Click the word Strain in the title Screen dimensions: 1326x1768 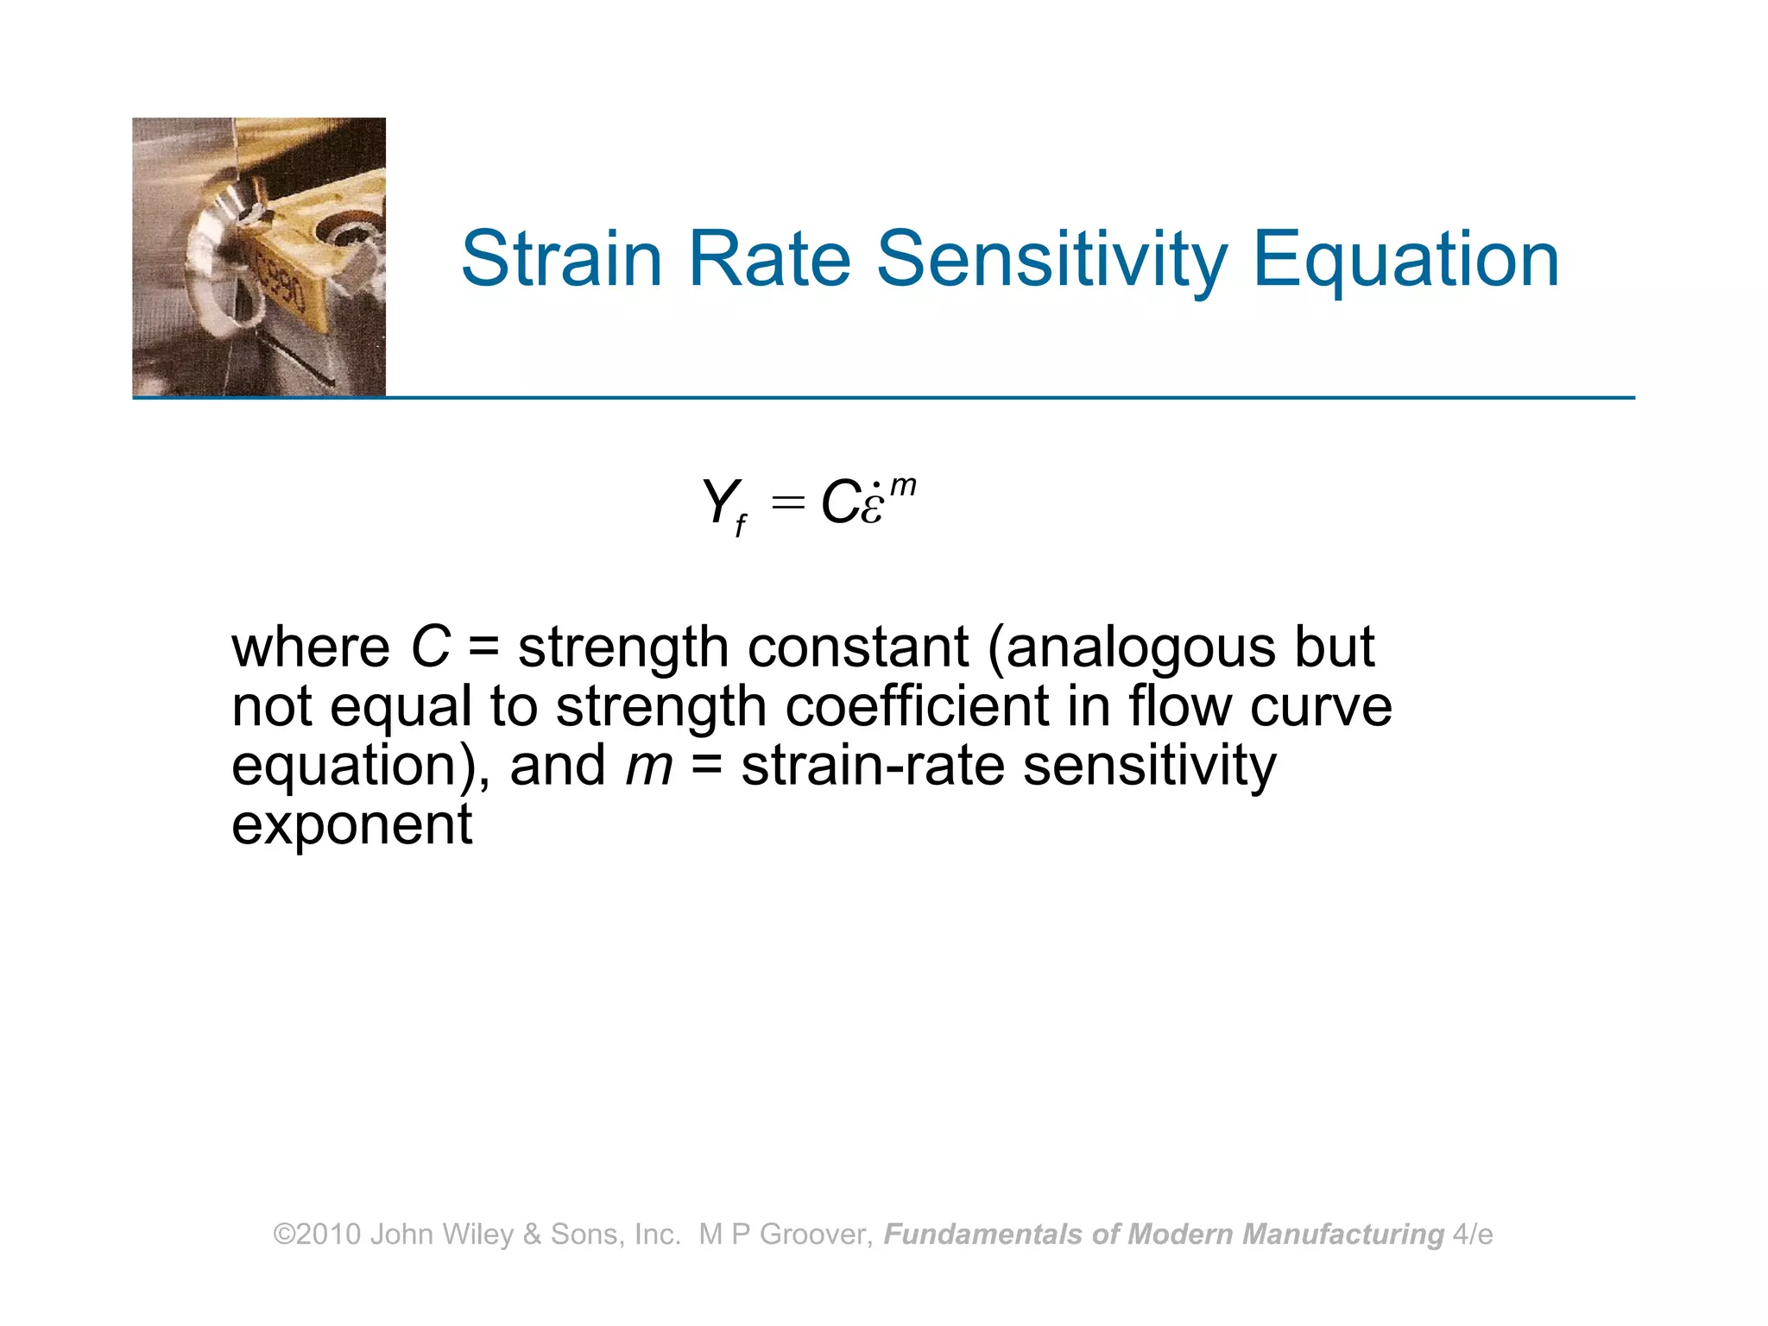coord(561,259)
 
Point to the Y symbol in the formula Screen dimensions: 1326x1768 coord(718,501)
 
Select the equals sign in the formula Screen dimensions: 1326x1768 coord(787,502)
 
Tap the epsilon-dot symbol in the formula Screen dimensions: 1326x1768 coord(872,505)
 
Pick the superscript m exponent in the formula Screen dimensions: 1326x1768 coord(903,485)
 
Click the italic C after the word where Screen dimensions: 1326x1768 coord(430,647)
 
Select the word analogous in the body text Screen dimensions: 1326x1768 coord(1140,648)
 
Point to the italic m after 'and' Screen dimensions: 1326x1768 coord(648,766)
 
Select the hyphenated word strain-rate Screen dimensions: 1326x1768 coord(873,766)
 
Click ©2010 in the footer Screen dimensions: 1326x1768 coord(317,1234)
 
